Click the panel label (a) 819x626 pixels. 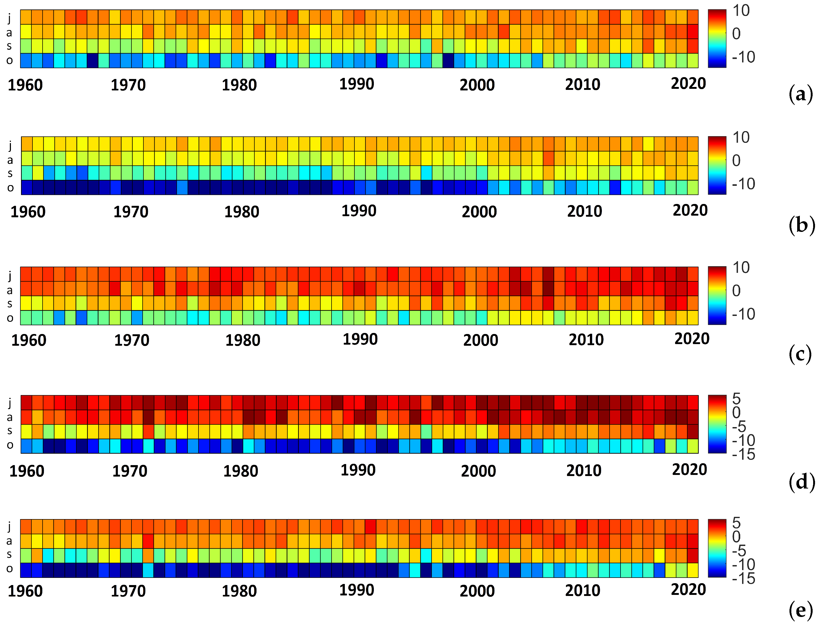point(800,95)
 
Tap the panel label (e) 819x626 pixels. point(800,611)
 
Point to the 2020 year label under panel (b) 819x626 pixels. point(690,211)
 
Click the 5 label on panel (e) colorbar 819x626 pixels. point(736,523)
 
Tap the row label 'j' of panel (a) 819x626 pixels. point(9,18)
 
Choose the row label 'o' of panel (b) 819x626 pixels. point(10,188)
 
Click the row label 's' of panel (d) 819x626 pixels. point(10,431)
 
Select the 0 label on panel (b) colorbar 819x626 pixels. point(736,161)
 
